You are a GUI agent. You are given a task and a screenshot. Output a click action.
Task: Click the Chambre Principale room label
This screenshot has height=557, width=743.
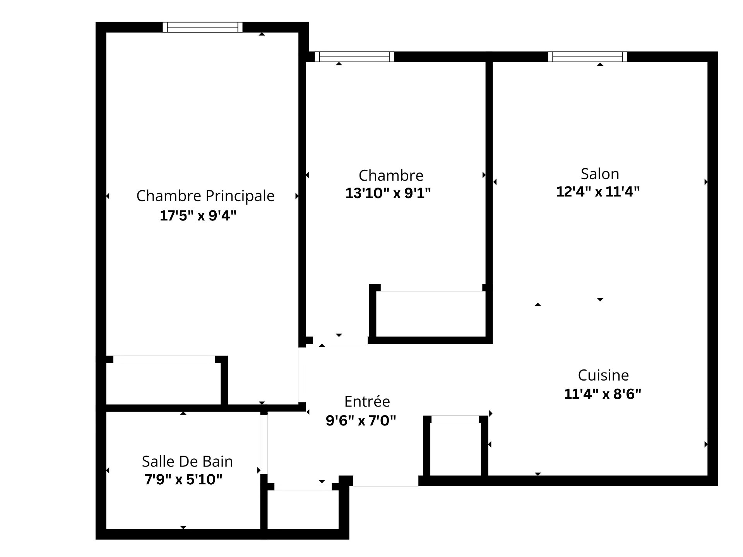(x=205, y=196)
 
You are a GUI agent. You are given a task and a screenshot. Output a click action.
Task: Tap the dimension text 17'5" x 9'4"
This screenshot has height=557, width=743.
(x=198, y=215)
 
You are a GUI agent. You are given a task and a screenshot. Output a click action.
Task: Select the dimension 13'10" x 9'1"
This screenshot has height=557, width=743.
(x=388, y=193)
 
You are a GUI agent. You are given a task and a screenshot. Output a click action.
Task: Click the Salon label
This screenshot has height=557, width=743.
(x=600, y=174)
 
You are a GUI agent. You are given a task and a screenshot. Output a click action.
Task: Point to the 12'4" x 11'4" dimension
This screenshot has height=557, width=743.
(x=598, y=191)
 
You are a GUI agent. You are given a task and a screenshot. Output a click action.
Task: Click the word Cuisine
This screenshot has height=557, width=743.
(x=603, y=375)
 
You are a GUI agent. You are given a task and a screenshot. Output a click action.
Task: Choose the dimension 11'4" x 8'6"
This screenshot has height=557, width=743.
(x=603, y=394)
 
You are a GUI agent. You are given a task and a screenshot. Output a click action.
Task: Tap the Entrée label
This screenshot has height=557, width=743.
(x=367, y=402)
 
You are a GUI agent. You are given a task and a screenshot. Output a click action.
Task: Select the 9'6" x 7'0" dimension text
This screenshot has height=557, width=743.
(x=361, y=420)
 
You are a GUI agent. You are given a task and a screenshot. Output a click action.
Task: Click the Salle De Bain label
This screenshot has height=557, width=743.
(x=187, y=461)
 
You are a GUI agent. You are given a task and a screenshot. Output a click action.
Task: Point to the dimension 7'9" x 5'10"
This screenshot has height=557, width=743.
(x=183, y=480)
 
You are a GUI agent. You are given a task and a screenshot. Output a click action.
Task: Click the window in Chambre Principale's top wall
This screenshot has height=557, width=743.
(x=202, y=27)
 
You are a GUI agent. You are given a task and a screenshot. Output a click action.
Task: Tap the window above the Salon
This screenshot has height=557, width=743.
(x=587, y=57)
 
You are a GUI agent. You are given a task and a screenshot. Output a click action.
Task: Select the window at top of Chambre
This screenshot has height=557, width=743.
(x=354, y=57)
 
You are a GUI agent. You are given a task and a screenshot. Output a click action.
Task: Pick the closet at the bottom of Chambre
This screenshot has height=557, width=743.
(x=430, y=314)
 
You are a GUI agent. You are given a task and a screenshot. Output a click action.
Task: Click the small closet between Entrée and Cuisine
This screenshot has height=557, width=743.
(x=455, y=449)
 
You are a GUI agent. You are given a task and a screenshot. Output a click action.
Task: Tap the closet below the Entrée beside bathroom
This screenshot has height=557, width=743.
(x=303, y=509)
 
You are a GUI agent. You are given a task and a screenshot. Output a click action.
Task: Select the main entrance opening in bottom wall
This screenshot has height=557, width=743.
(x=385, y=481)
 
